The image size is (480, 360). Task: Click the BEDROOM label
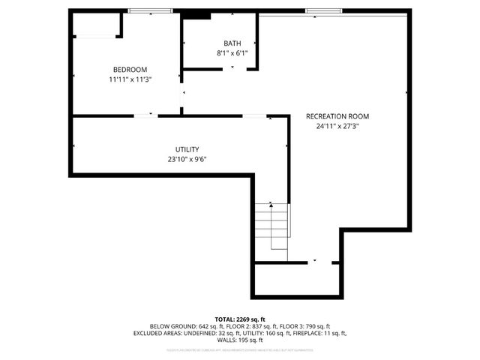click(x=124, y=69)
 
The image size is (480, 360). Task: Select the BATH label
click(x=232, y=43)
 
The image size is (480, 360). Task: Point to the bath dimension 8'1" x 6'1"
click(x=232, y=52)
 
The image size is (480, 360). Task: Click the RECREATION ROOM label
click(x=337, y=116)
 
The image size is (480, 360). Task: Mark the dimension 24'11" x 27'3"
click(x=337, y=126)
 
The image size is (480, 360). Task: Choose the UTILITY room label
click(x=187, y=149)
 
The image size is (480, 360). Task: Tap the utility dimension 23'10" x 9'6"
click(x=187, y=159)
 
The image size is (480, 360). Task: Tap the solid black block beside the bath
click(x=197, y=14)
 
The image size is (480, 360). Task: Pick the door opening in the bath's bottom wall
click(x=232, y=69)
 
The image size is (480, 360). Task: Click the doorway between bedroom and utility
click(x=144, y=115)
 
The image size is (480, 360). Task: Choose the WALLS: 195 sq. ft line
click(x=239, y=340)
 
